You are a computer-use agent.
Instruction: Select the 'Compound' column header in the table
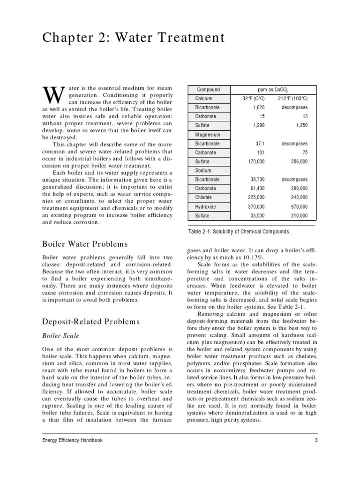(x=208, y=90)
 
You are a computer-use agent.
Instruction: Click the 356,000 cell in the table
(x=296, y=161)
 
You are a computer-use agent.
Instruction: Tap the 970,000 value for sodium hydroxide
(x=296, y=206)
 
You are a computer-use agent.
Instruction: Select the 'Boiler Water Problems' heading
(x=85, y=244)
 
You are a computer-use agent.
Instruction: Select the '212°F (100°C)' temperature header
(x=292, y=98)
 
